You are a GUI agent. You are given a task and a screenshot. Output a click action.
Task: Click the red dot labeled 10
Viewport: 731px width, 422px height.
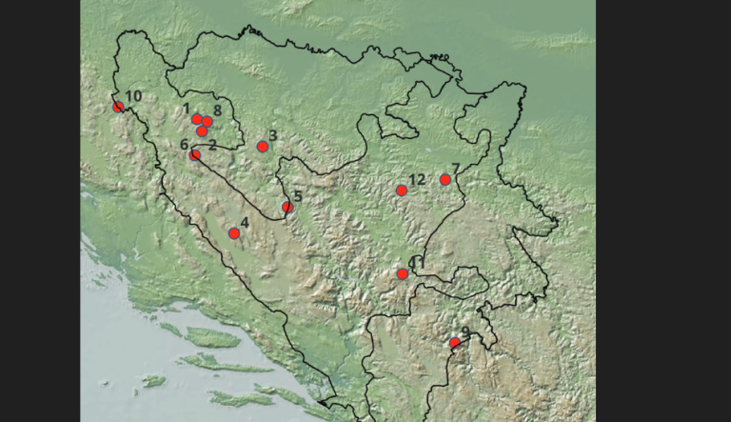119,107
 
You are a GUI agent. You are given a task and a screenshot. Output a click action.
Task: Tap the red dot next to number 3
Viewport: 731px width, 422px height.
263,147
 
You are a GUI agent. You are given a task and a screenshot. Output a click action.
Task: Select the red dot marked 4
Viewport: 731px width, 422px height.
234,233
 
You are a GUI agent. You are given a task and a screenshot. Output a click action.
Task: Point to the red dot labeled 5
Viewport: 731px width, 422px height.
287,207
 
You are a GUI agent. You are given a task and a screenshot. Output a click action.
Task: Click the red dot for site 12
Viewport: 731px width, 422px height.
402,191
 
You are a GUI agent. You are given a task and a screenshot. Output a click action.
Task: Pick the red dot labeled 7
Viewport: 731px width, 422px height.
445,180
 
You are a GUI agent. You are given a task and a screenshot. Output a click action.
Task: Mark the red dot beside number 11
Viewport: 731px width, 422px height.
403,274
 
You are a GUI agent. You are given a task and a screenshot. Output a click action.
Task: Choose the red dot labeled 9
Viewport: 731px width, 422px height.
455,342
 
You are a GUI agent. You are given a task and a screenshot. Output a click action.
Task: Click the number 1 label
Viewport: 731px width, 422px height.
188,109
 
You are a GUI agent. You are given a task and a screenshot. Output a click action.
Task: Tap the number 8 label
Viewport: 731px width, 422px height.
218,111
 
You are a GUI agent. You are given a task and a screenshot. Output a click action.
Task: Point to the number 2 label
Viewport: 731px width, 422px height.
212,145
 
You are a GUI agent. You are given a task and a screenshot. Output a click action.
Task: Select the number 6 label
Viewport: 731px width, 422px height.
184,144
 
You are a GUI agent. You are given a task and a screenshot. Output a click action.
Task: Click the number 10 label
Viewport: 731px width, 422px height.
133,96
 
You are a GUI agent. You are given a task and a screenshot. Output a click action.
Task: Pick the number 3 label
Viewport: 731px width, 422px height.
273,135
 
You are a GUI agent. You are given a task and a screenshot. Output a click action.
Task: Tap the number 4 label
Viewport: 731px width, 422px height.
245,223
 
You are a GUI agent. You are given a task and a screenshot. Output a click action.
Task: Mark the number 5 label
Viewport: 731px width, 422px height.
298,197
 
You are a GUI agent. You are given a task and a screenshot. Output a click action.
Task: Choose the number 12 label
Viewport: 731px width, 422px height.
417,180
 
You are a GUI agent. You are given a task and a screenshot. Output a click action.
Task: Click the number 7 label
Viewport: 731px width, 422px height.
456,169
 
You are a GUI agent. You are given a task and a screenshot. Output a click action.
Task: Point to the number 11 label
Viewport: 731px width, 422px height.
413,262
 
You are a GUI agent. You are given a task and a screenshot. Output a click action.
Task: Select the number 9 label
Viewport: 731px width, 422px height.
464,332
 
